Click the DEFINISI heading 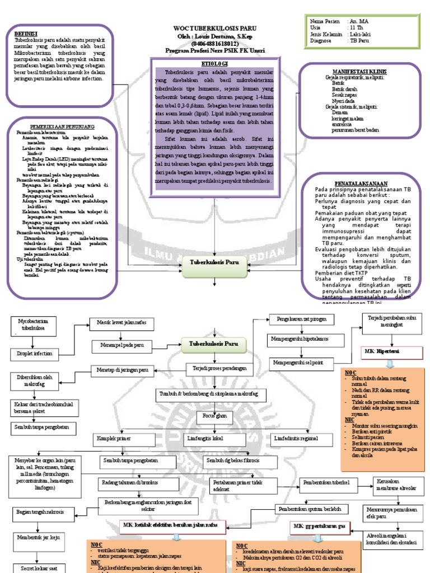click(26, 34)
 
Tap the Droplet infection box click(35, 354)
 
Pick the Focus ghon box click(215, 416)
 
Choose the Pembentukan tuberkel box click(326, 482)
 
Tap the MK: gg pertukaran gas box click(317, 527)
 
